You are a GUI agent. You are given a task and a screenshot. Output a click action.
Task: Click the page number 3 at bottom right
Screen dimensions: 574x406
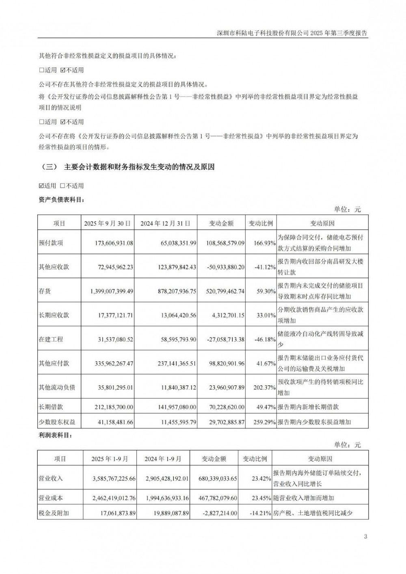click(x=365, y=537)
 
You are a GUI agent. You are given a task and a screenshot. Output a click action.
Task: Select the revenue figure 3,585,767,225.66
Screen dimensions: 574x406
click(x=107, y=479)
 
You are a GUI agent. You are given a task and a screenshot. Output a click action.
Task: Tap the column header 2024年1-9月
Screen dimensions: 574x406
click(x=163, y=459)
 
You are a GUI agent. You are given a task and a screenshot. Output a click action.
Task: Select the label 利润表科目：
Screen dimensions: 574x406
click(x=56, y=436)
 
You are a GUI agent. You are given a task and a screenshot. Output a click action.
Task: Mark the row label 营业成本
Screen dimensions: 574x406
click(x=51, y=498)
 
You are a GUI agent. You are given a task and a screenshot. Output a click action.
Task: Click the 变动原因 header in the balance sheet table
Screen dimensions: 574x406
click(x=322, y=223)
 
